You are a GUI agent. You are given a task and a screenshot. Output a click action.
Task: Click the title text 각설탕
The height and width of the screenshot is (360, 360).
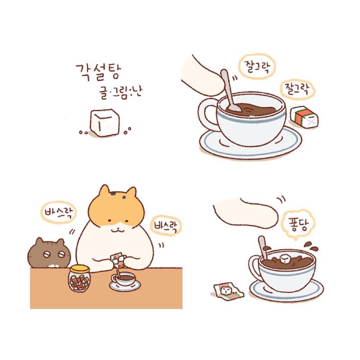click(98, 72)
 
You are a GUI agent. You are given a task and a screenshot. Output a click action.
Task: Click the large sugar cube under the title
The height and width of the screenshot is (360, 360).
click(104, 123)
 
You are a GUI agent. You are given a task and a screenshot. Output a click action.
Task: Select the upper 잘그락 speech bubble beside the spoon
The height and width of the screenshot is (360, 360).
click(256, 66)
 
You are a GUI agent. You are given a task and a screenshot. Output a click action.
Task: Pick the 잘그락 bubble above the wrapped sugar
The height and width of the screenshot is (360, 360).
click(298, 89)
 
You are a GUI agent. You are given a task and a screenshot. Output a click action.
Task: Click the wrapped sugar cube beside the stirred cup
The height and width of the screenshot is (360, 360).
click(304, 117)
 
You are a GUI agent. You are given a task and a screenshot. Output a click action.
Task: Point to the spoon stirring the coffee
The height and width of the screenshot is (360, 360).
click(230, 91)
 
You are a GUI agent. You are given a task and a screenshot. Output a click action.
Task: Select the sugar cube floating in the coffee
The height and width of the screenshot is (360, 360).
click(285, 259)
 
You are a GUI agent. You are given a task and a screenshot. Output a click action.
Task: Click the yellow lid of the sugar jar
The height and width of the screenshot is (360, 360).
click(79, 269)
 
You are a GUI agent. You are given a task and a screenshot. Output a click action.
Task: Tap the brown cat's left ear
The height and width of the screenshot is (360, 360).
click(40, 241)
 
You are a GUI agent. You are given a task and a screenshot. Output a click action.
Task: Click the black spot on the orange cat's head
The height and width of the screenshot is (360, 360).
click(113, 193)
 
